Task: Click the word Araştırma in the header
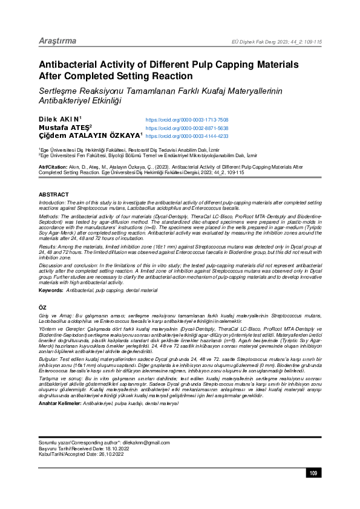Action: click(57, 41)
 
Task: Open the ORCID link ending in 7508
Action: click(187, 120)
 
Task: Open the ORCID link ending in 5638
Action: click(187, 129)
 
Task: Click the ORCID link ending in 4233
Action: click(187, 137)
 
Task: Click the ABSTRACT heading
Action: click(54, 195)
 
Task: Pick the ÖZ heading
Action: click(42, 308)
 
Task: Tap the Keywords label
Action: click(50, 291)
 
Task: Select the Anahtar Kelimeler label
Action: click(59, 403)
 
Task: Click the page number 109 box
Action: click(313, 490)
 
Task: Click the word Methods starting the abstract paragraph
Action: click(48, 215)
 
